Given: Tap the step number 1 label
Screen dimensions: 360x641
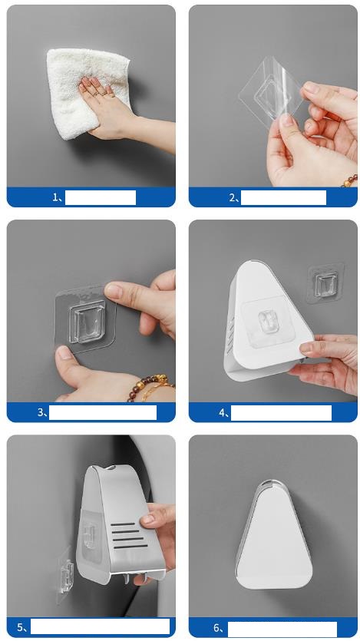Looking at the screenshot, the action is [x=57, y=198].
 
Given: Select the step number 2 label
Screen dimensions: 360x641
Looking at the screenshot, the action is [x=234, y=198].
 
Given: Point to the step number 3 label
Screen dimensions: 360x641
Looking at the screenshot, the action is [x=42, y=412].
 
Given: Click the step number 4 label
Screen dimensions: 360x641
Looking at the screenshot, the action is [x=223, y=413].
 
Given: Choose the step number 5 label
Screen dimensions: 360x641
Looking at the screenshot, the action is [x=22, y=627].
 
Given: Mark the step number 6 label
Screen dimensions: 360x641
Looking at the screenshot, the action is [x=220, y=628].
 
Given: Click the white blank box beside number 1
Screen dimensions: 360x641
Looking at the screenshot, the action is [x=101, y=197].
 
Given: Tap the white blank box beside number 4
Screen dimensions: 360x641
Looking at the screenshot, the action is [x=281, y=413].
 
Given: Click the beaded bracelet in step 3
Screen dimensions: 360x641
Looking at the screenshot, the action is [x=150, y=385].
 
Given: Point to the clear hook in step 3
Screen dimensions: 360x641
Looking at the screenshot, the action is [x=87, y=322].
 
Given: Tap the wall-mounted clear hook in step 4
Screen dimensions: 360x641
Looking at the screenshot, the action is [x=325, y=283].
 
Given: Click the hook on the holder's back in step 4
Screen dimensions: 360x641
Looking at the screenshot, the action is [x=269, y=322].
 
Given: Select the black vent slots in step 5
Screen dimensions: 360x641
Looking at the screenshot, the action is [x=130, y=535].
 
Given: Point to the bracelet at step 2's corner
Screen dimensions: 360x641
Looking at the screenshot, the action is [x=351, y=180].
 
